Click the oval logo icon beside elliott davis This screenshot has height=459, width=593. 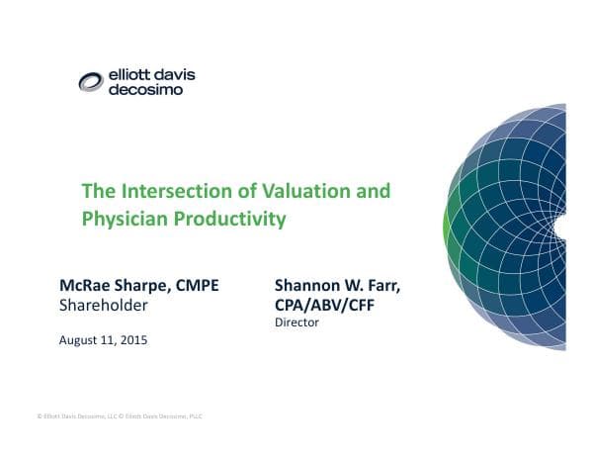click(92, 81)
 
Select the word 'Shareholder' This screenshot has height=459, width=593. click(104, 306)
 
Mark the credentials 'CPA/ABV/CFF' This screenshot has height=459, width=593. click(325, 305)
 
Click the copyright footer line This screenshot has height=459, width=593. click(119, 415)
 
